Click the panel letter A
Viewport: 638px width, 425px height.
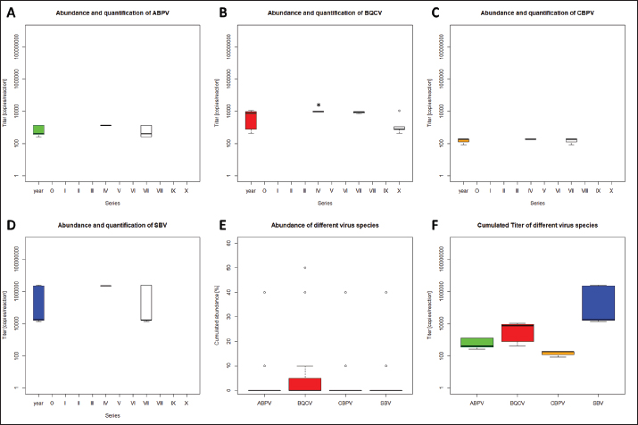click(11, 12)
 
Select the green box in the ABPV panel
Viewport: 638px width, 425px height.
click(38, 129)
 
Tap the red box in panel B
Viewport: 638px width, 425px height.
click(252, 120)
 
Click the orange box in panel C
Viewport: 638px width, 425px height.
click(463, 140)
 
